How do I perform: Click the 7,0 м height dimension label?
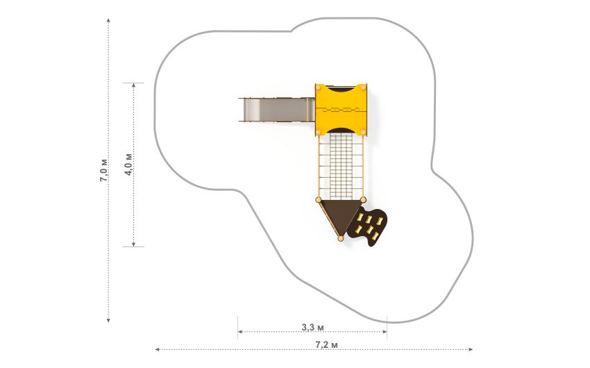point(104,170)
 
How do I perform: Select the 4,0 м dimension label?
point(128,164)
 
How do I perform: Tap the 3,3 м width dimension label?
point(312,327)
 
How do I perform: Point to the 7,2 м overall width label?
point(326,344)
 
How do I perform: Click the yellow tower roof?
point(341,110)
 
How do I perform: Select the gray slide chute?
point(277,110)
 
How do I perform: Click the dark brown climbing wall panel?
point(367,227)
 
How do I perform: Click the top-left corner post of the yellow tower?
point(319,87)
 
